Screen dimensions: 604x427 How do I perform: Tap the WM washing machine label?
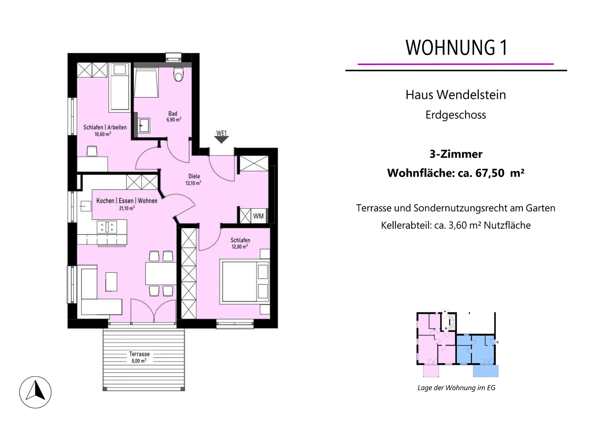point(258,216)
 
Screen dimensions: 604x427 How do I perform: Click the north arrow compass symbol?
point(35,392)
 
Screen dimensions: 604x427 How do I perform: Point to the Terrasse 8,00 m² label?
point(139,357)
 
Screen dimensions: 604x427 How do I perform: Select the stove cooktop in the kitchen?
point(107,227)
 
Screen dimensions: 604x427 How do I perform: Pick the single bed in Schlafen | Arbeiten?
point(120,87)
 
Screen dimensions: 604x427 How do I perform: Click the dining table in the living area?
point(161,273)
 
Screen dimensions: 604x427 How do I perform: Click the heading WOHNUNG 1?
point(456,48)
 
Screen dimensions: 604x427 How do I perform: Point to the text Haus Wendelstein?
point(456,95)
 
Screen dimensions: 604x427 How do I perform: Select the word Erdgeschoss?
point(456,115)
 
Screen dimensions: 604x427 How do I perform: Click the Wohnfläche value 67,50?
point(489,173)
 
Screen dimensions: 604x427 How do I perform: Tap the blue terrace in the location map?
point(486,371)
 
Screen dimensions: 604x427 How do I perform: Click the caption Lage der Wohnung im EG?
point(456,388)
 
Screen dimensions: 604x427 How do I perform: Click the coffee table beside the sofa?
point(111,282)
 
